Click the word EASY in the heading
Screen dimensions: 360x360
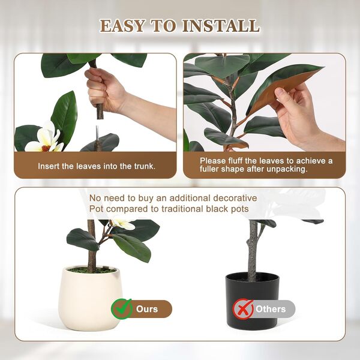click(x=123, y=26)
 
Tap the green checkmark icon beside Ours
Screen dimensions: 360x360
click(x=122, y=309)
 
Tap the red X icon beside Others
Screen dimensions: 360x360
click(x=242, y=309)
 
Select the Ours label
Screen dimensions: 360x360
click(x=147, y=309)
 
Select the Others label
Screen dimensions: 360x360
click(x=271, y=309)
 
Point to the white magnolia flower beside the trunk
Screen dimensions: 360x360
click(x=43, y=139)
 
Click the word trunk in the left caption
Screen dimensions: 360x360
click(x=143, y=166)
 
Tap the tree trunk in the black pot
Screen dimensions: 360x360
click(x=253, y=249)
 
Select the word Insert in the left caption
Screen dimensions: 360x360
click(x=50, y=166)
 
